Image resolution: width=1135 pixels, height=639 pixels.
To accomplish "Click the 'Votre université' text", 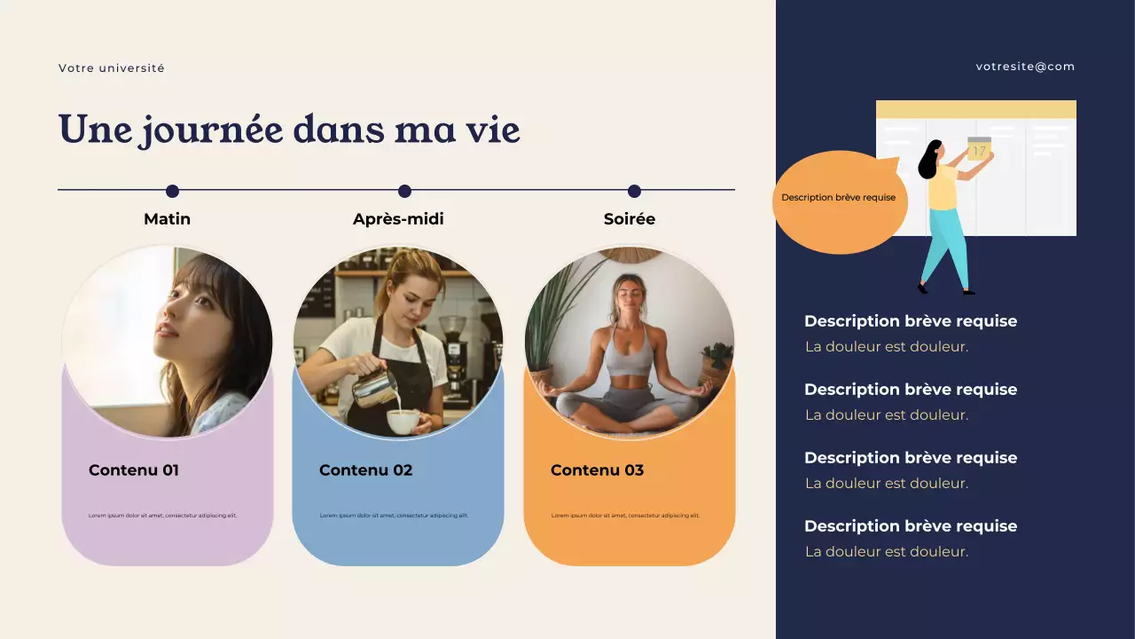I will point(112,68).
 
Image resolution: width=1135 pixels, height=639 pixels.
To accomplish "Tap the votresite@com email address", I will point(1025,67).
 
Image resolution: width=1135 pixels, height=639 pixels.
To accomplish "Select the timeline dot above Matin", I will point(172,191).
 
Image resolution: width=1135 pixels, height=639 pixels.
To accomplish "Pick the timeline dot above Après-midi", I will point(404,191).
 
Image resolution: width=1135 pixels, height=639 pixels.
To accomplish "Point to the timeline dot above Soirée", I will point(634,191).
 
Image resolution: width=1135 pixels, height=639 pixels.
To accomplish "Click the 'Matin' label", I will point(167,219).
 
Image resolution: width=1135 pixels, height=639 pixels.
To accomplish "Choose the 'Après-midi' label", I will point(398,219).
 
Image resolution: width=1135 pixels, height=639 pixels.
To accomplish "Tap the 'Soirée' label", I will point(629,219).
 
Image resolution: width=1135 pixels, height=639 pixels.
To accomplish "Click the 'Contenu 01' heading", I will point(134,470).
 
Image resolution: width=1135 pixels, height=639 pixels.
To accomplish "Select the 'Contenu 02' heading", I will point(365,470).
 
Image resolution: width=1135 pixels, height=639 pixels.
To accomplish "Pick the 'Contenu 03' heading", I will point(597,470).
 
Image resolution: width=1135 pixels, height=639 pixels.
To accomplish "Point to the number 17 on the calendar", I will point(978,151).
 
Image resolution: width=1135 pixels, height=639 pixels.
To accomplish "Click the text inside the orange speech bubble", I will point(838,198).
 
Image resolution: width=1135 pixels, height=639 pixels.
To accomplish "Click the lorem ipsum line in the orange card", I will point(625,516).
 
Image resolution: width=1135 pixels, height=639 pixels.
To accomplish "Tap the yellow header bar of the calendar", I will point(975,109).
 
